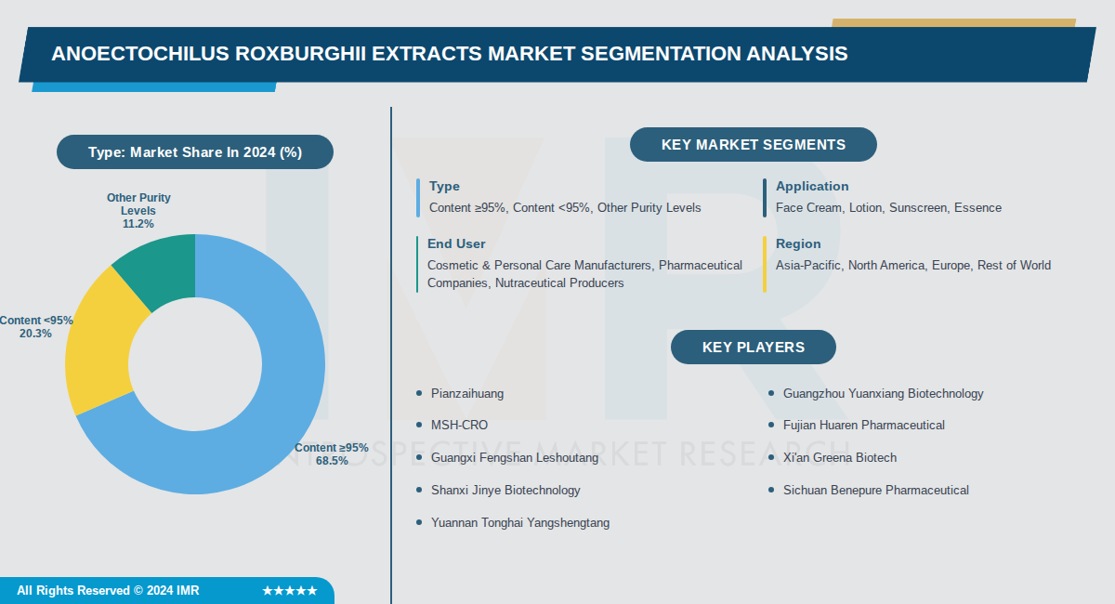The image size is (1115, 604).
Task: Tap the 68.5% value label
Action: point(332,460)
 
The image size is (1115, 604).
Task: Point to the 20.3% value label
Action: point(35,334)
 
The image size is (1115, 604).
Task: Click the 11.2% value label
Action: point(138,224)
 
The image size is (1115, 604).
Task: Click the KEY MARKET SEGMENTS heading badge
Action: point(754,145)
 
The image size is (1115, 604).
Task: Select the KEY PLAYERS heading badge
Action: point(754,348)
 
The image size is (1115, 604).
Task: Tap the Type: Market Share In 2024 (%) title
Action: point(195,152)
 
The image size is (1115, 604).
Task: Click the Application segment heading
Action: point(812,187)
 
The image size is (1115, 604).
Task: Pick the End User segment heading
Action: point(456,243)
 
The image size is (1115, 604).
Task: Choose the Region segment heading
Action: point(798,243)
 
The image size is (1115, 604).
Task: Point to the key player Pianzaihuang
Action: point(467,394)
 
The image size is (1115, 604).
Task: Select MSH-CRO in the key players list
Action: point(459,426)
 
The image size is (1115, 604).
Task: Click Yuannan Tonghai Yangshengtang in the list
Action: point(520,523)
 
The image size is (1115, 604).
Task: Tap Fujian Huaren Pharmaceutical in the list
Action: point(863,426)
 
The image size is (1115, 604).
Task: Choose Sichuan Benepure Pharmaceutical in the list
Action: point(875,491)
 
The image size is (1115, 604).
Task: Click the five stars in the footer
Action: point(290,591)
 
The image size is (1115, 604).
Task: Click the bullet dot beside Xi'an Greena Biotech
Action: point(771,457)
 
